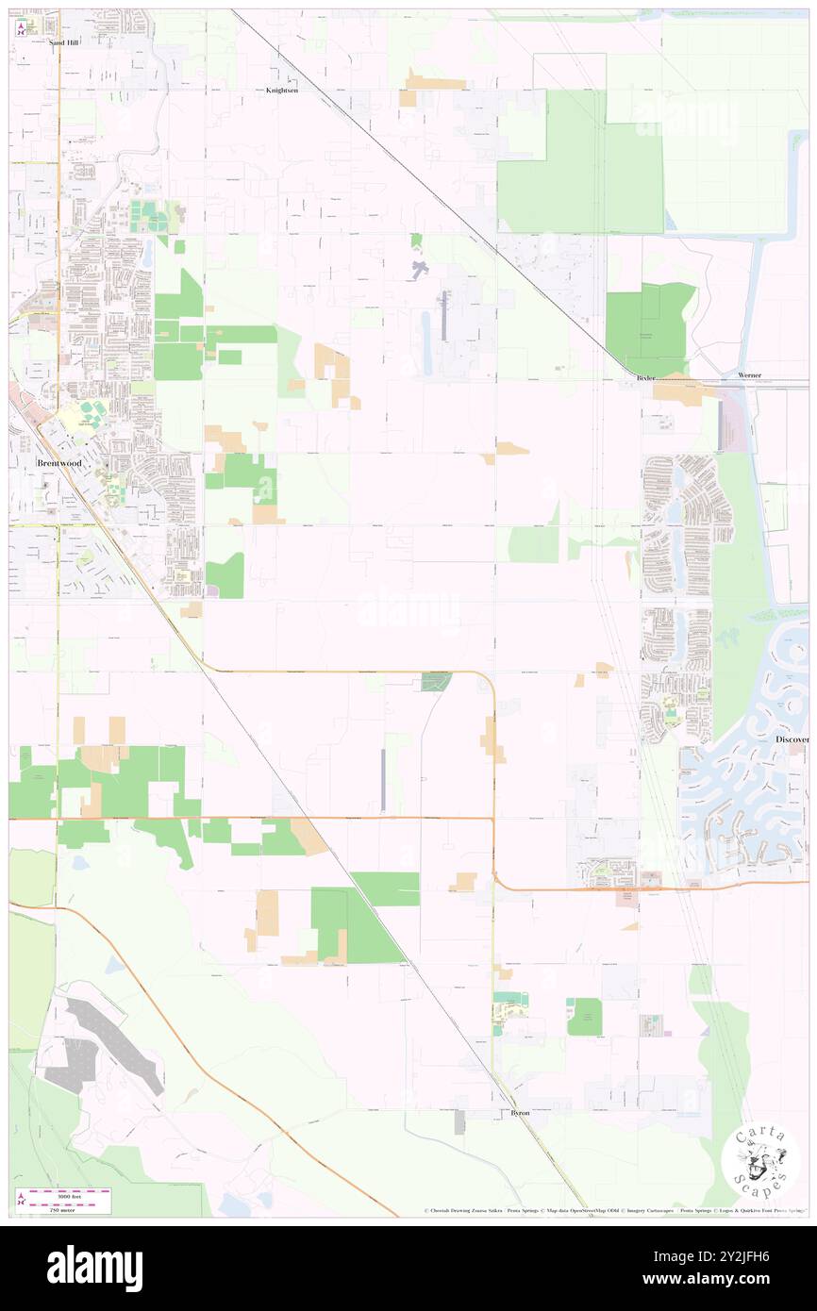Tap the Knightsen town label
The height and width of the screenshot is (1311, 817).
point(281,91)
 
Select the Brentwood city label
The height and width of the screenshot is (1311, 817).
point(58,464)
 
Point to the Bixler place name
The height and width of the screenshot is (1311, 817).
point(645,376)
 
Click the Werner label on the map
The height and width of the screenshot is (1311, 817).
point(749,376)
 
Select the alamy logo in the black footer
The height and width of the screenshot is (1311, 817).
point(94,1268)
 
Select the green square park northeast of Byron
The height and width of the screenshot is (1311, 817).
point(584,1017)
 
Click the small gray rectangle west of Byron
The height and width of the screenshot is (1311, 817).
point(459,1123)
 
